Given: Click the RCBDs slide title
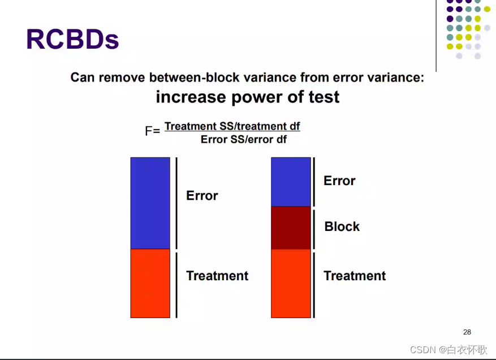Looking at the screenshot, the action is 72,39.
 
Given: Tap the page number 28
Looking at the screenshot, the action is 467,332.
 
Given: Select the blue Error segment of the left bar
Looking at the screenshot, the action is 150,203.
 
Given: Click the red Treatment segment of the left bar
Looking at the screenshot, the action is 150,284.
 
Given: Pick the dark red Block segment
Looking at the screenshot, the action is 291,228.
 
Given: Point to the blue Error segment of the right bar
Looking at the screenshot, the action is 291,182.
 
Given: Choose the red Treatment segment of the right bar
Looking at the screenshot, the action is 291,284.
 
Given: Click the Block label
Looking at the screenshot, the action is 342,227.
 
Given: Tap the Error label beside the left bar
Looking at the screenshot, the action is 202,196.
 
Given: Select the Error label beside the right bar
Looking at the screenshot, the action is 339,181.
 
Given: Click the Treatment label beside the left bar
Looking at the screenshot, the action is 217,276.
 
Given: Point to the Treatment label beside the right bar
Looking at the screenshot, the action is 355,276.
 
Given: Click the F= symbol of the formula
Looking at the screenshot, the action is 153,131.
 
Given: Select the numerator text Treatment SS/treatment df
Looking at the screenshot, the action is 232,126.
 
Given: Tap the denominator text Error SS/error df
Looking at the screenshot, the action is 244,139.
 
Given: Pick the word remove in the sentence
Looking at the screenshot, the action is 122,78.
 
